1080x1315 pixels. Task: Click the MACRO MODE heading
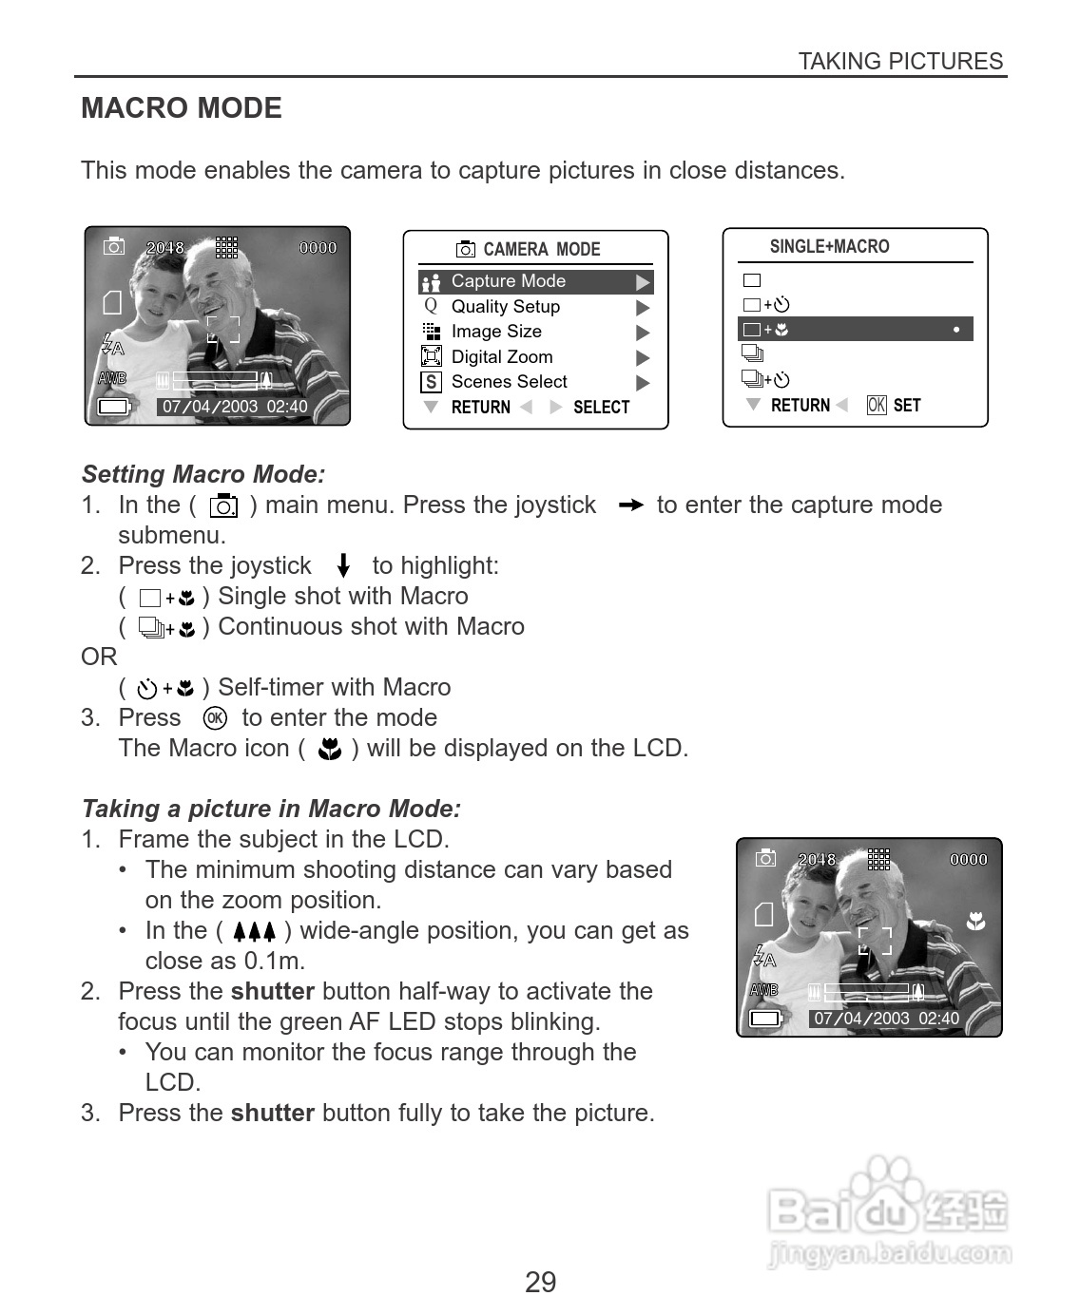(x=182, y=108)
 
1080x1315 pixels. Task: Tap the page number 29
(x=540, y=1282)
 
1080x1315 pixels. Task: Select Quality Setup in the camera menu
(x=505, y=307)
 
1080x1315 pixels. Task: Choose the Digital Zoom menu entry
(x=501, y=357)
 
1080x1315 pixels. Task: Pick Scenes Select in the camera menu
(x=509, y=382)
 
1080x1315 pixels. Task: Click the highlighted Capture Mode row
(x=535, y=282)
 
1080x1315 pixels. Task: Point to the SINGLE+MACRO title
(x=829, y=247)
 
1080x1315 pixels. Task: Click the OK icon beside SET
(x=877, y=406)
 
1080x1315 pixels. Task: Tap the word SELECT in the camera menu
(x=601, y=408)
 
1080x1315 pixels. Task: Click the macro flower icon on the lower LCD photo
(x=975, y=921)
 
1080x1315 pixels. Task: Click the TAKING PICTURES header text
(x=900, y=62)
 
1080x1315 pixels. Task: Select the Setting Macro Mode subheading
(x=203, y=474)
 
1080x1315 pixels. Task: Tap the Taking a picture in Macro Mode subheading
(x=271, y=809)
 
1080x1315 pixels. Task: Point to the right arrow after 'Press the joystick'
(x=629, y=505)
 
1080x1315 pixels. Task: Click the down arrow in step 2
(x=344, y=566)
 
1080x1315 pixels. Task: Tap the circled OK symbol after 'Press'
(x=215, y=718)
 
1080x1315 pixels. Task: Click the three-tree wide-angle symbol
(x=254, y=932)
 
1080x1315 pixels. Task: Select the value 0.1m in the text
(x=274, y=961)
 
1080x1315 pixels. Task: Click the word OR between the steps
(x=99, y=657)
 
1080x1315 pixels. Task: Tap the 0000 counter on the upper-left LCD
(x=318, y=248)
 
